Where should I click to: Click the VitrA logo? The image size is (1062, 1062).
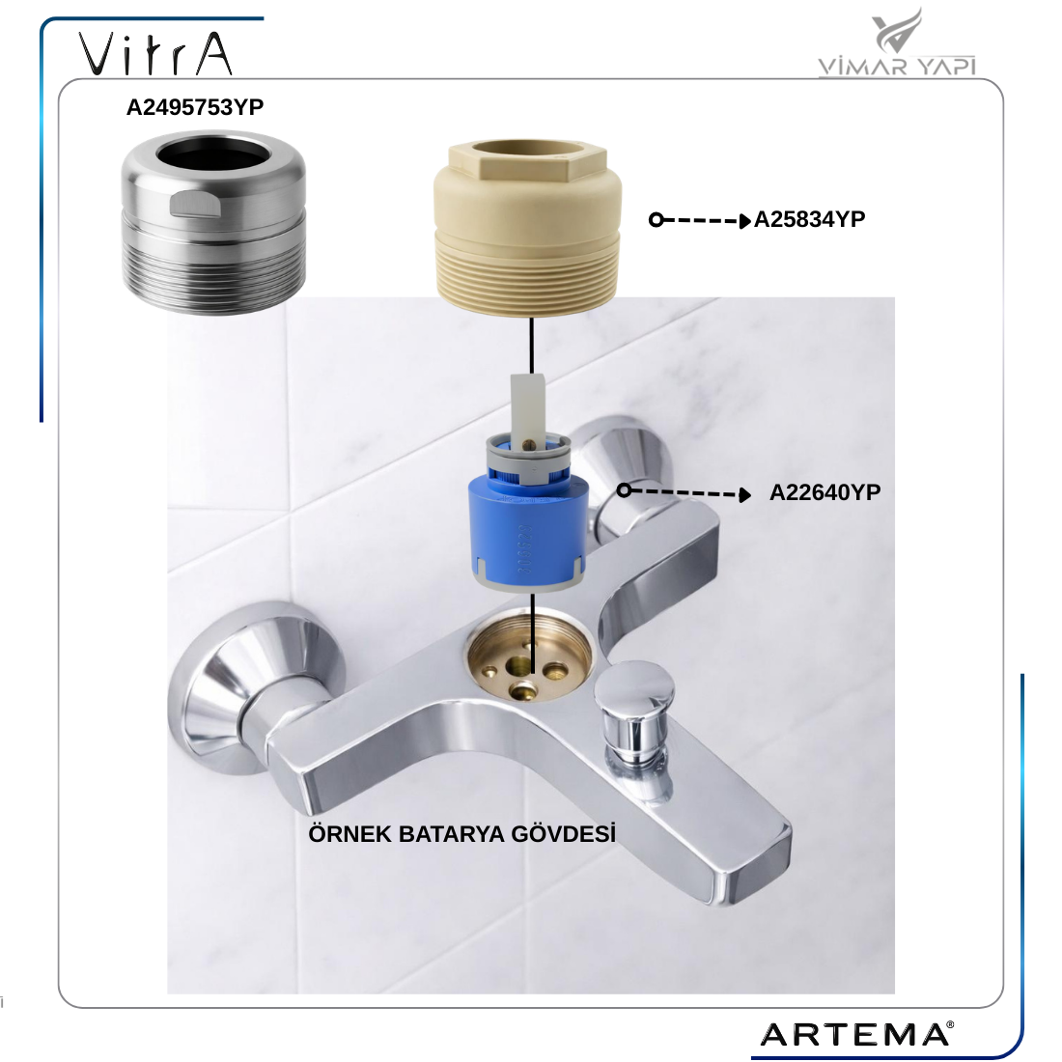coord(155,53)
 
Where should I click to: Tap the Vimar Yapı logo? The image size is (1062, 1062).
coord(897,42)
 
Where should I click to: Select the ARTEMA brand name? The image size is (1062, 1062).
coord(856,1034)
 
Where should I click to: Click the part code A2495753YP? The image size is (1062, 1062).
coord(195,107)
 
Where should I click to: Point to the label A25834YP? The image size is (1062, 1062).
coord(809,219)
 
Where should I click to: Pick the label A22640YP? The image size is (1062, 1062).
coord(824,492)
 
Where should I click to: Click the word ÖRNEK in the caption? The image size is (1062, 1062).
coord(349,833)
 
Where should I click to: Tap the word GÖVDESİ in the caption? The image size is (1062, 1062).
coord(564,833)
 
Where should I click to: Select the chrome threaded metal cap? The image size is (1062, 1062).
coord(214,223)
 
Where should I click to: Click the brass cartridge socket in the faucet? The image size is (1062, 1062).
coord(530,655)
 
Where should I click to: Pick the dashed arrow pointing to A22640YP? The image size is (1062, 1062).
coord(685,492)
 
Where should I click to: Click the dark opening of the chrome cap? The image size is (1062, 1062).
coord(213,154)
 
